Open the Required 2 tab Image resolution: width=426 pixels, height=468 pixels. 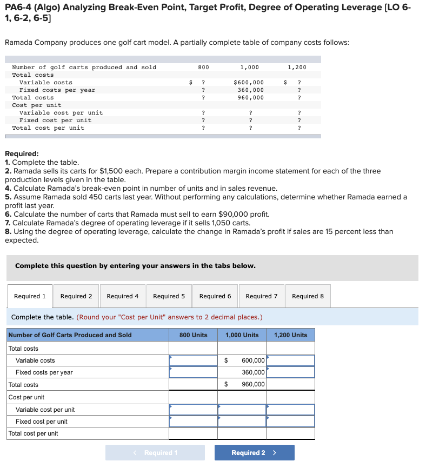(x=76, y=296)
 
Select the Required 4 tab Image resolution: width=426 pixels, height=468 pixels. (x=123, y=296)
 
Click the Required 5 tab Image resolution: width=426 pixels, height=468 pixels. (x=169, y=296)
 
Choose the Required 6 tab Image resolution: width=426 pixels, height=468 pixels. (x=215, y=296)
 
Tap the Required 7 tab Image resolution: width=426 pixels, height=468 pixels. (x=262, y=296)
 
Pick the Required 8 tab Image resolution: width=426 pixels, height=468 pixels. (x=308, y=296)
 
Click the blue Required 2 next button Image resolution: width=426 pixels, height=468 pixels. (x=254, y=452)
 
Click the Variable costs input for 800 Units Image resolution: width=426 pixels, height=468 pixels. (x=193, y=360)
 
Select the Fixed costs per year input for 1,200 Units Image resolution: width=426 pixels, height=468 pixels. (x=290, y=372)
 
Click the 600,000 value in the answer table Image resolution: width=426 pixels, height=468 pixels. (x=253, y=360)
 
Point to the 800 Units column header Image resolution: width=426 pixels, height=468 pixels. (x=193, y=335)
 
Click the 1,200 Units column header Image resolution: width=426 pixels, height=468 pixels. (x=290, y=335)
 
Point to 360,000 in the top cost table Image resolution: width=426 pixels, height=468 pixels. (x=251, y=90)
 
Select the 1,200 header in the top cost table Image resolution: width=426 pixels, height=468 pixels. (x=297, y=68)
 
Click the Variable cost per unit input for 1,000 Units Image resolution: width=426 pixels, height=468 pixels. (x=242, y=410)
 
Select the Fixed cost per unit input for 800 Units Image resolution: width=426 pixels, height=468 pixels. (x=193, y=422)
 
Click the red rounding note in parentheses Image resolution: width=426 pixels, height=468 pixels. (x=169, y=317)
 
